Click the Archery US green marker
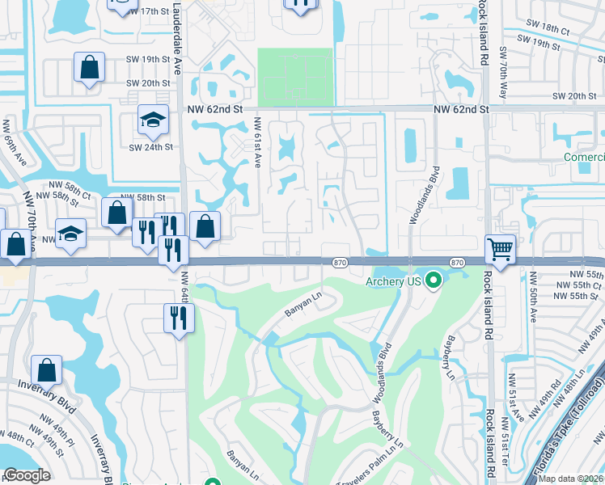[x=434, y=280]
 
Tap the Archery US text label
[x=394, y=281]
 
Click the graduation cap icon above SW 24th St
[x=152, y=120]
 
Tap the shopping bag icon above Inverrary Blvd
[x=48, y=370]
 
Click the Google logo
[x=27, y=475]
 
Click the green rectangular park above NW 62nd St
[x=294, y=76]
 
